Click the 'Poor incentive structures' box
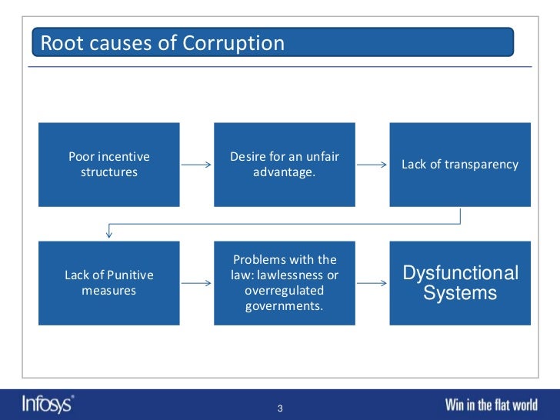coord(109,165)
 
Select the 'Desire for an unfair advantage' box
coord(285,165)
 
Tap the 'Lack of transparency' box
coord(460,165)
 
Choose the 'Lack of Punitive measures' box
coord(109,283)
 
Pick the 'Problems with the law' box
coord(285,283)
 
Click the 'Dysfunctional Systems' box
coord(460,283)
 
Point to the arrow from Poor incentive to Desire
coord(197,165)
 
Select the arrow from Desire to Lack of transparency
coord(372,165)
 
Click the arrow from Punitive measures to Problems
coord(197,283)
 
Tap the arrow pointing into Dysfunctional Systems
coord(372,283)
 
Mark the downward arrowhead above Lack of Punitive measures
coord(109,233)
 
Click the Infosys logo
coord(47,404)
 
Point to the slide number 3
coord(280,408)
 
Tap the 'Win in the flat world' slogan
coord(496,405)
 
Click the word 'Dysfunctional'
coord(461,273)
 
